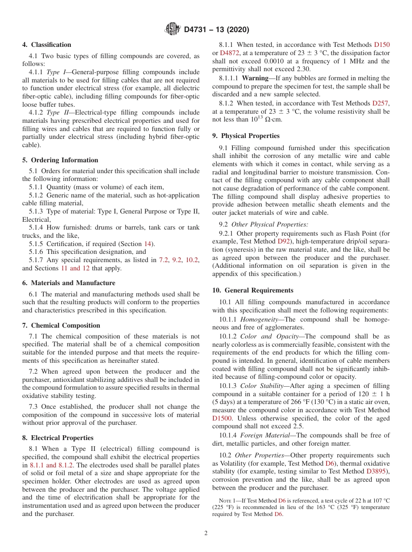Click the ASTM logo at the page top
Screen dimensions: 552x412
pos(172,30)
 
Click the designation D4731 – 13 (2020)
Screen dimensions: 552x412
pos(216,30)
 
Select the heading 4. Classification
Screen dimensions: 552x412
pos(47,45)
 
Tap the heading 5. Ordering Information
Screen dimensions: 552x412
pos(60,160)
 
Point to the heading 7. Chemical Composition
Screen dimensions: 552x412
pos(61,325)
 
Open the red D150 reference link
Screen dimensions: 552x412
pos(382,45)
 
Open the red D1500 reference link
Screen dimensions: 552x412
pos(222,418)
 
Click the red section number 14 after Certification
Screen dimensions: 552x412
pos(147,244)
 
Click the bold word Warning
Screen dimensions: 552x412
pos(255,78)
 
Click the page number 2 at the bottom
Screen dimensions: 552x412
pos(206,533)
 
